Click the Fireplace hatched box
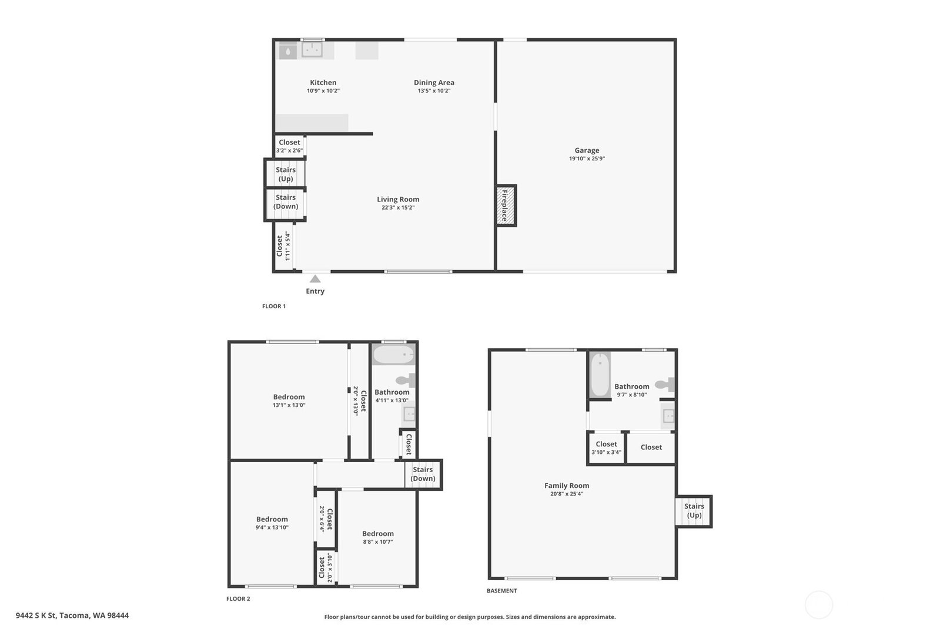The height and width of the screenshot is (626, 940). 506,206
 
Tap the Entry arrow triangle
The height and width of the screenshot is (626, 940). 315,279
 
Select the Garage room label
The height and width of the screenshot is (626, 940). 587,150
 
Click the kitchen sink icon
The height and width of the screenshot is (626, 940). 312,49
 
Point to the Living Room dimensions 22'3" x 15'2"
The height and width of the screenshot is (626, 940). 398,207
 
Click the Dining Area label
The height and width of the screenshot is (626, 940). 434,83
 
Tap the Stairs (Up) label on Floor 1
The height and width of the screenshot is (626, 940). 286,174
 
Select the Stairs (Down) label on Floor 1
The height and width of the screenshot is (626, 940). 286,201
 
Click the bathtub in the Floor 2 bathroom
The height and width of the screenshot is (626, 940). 394,355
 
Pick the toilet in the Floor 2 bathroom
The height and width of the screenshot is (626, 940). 406,381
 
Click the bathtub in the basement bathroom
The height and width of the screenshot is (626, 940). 600,375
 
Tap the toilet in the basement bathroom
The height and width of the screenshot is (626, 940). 665,384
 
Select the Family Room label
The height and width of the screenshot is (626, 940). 567,486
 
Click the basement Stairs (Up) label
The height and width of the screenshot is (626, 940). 694,511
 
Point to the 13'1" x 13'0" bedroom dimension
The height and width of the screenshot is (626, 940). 289,405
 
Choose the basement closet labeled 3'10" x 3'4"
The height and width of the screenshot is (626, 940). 606,448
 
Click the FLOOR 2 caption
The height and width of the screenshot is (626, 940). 238,599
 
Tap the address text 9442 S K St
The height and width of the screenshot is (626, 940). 36,615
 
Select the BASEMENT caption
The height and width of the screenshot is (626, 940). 501,591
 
